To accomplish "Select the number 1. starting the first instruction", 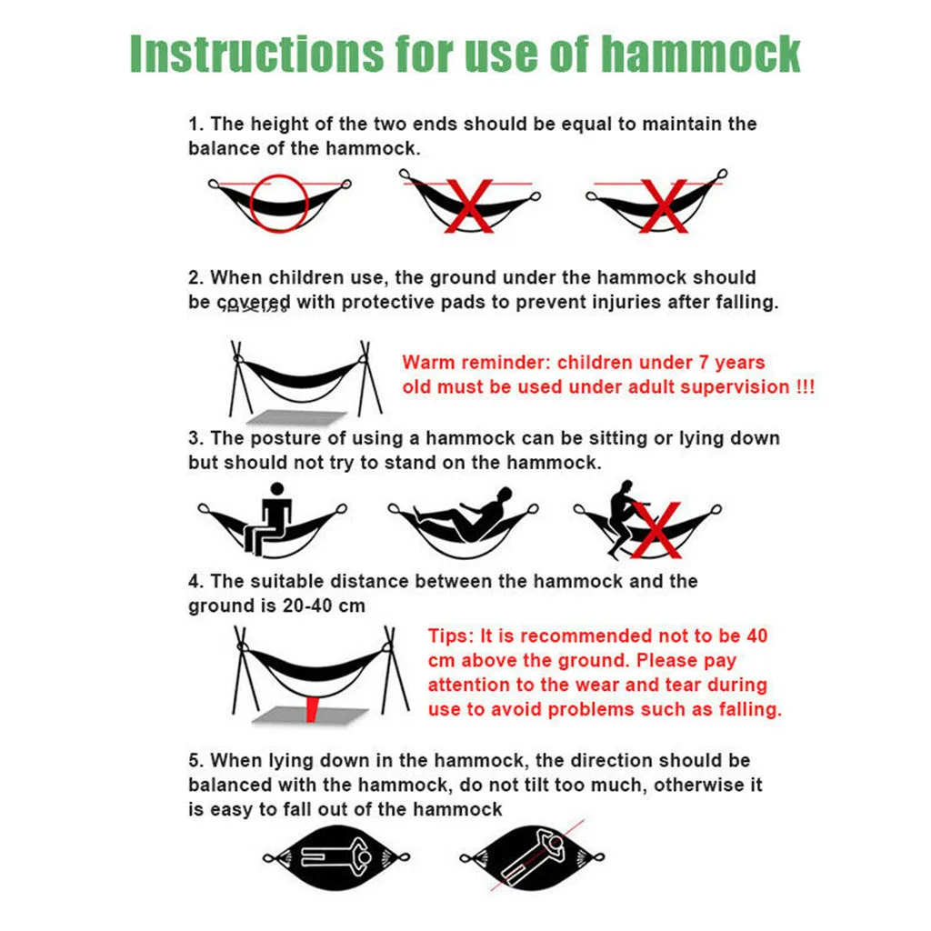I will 196,124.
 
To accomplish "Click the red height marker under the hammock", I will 314,704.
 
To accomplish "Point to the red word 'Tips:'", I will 450,636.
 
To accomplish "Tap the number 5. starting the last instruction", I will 196,760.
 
